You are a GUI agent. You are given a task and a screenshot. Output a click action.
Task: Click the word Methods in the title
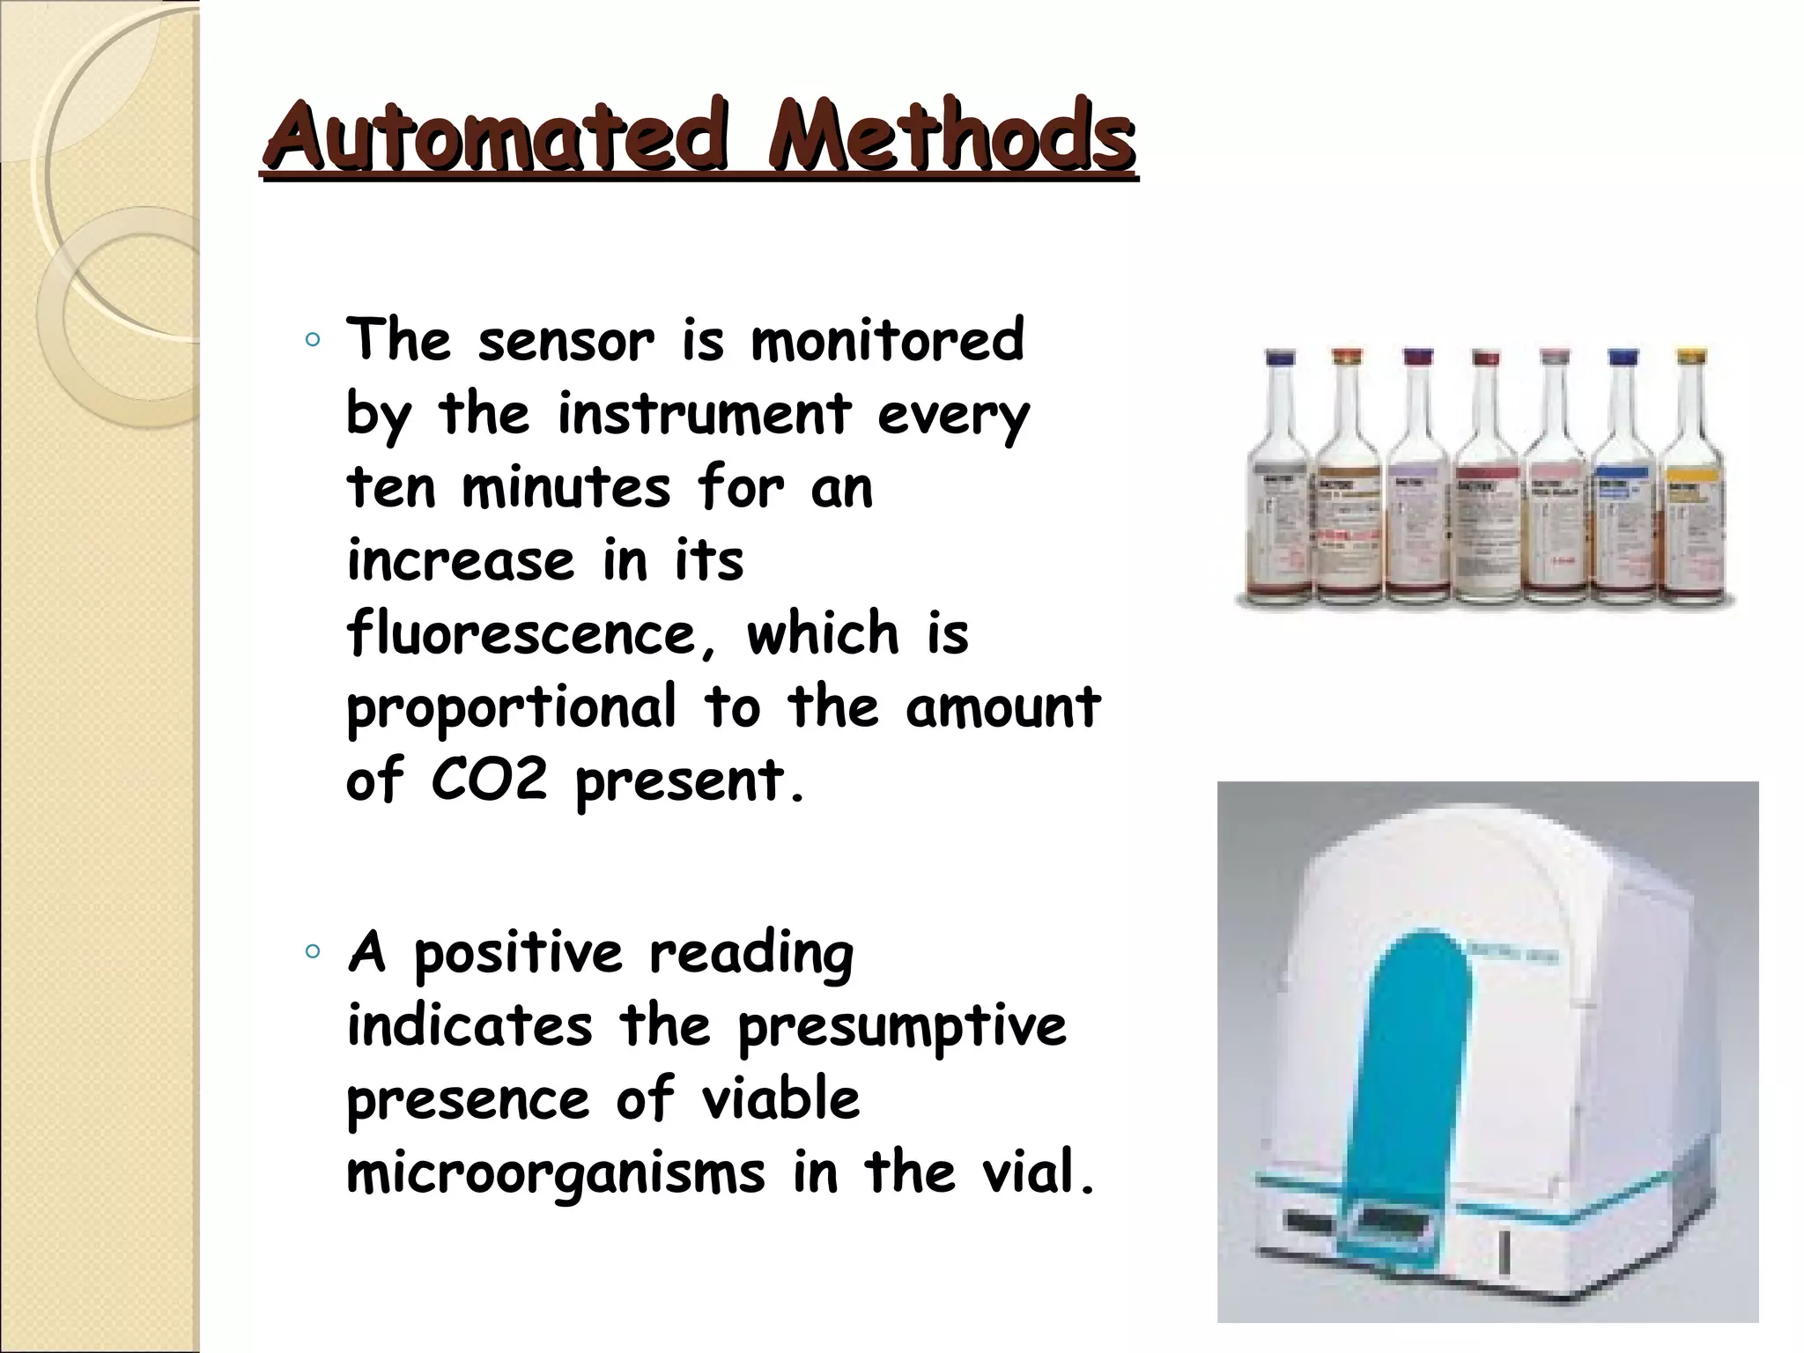click(950, 137)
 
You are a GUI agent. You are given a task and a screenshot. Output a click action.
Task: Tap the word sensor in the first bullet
click(566, 341)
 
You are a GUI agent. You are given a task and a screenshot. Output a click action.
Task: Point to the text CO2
click(489, 780)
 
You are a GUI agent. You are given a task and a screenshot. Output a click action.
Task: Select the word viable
click(780, 1099)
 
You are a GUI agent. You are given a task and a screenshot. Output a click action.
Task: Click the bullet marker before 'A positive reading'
click(312, 951)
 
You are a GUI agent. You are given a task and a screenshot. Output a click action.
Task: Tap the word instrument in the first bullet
click(704, 414)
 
